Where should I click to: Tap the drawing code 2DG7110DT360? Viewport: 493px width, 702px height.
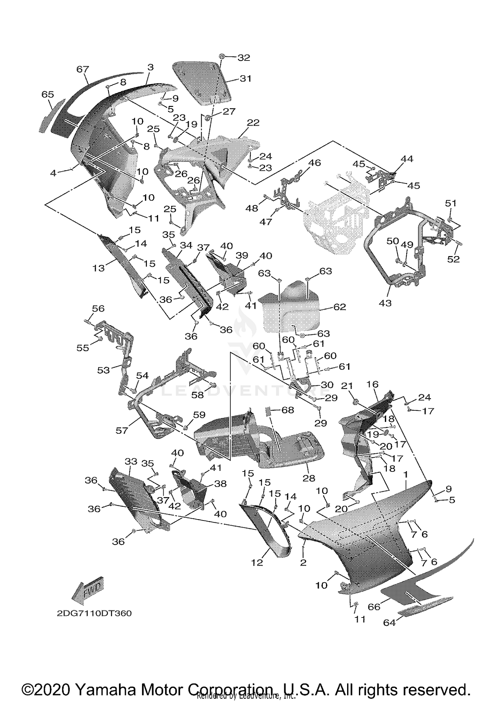point(94,614)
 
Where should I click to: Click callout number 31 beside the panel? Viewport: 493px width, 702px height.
point(246,78)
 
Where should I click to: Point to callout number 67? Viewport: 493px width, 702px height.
point(82,69)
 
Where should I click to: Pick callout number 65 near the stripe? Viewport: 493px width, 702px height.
point(48,94)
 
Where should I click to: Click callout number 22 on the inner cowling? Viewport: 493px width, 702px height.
point(253,123)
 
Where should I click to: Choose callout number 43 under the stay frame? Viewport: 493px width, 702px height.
point(385,303)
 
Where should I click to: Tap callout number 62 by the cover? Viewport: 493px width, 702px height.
point(340,307)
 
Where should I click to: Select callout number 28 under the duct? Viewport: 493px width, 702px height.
point(309,478)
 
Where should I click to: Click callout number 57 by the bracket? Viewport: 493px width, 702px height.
point(122,430)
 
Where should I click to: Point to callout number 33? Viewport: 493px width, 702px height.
point(131,462)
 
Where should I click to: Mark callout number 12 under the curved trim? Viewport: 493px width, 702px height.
point(257,563)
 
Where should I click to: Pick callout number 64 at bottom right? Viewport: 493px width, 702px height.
point(389,622)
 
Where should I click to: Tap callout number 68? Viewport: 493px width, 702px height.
point(288,410)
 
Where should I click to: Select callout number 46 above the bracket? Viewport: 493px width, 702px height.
point(315,163)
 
